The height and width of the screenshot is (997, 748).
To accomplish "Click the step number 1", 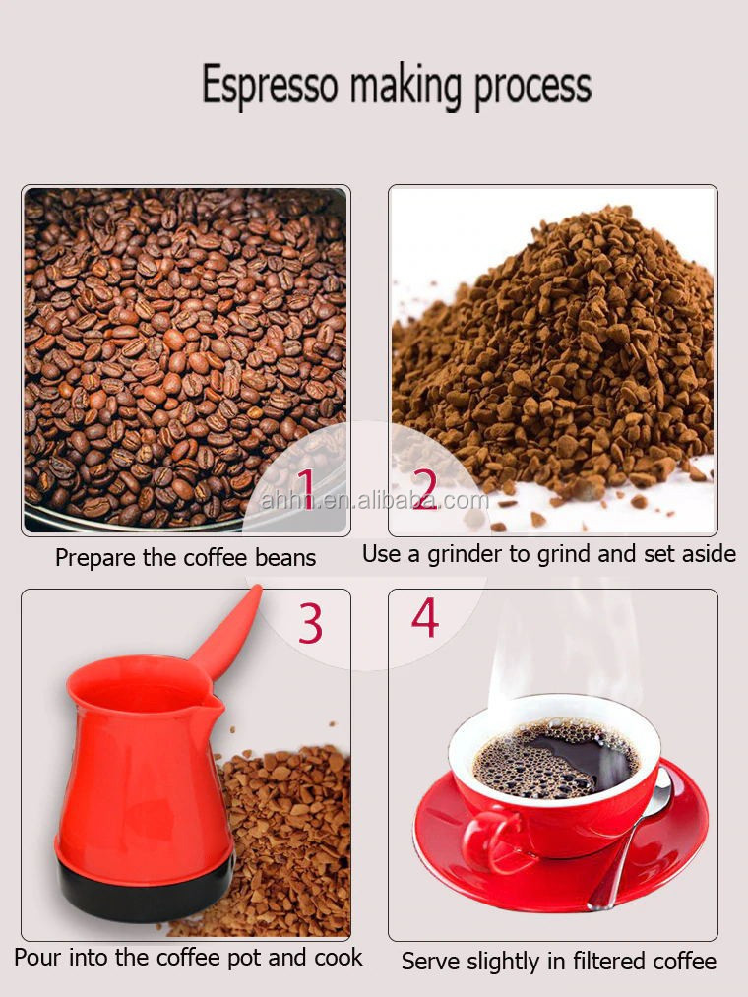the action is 306,488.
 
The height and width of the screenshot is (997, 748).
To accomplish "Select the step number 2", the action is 425,488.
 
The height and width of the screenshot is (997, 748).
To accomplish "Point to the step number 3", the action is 310,623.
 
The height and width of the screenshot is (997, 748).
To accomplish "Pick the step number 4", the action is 425,617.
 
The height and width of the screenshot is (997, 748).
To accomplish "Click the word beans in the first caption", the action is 285,558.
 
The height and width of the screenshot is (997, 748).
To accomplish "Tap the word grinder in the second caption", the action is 465,554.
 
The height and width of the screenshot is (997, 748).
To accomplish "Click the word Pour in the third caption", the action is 38,957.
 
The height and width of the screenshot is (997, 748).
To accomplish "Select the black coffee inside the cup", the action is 555,758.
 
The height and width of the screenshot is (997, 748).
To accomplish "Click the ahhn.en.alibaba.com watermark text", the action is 375,500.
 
